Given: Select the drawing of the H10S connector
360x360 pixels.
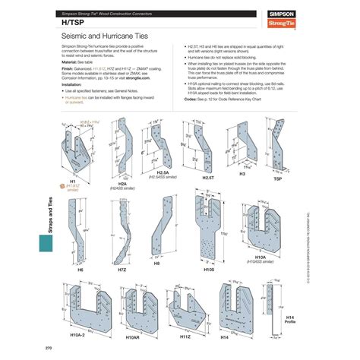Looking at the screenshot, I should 204,220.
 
